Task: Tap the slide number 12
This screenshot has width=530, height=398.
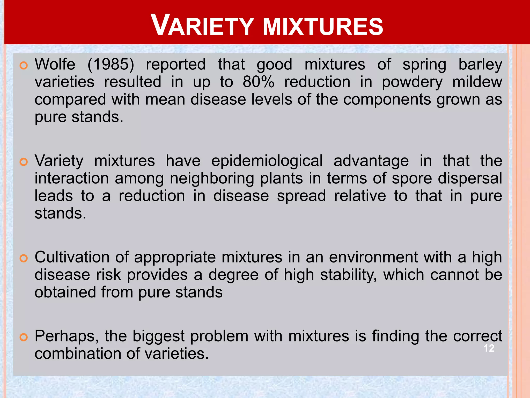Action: point(489,348)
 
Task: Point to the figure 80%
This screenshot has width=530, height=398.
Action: point(258,82)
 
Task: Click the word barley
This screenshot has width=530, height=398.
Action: point(480,65)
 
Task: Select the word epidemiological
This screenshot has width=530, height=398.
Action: point(267,161)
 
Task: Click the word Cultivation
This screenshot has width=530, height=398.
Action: point(72,257)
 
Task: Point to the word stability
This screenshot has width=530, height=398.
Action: point(348,275)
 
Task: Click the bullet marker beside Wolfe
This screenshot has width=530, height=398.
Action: point(24,66)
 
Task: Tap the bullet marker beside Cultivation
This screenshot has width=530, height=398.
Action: point(24,258)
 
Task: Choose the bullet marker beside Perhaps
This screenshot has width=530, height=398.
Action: point(24,337)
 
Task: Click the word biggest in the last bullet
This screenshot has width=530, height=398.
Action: point(158,336)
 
